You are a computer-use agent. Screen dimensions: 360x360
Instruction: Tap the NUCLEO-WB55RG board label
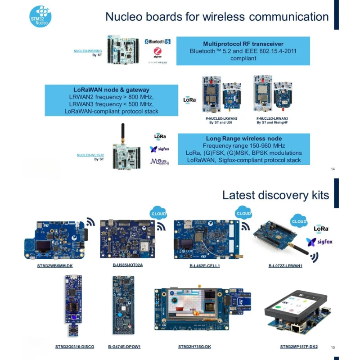pyautogui.click(x=88, y=51)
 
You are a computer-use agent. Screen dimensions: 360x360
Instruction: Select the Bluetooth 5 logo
pyautogui.click(x=157, y=41)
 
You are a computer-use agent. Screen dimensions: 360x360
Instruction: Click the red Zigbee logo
pyautogui.click(x=157, y=53)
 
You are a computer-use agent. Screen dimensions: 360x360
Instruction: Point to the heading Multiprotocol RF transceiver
pyautogui.click(x=243, y=44)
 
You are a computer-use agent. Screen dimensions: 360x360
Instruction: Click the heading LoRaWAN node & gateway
pyautogui.click(x=112, y=90)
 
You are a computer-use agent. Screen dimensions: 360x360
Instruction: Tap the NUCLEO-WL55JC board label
pyautogui.click(x=90, y=155)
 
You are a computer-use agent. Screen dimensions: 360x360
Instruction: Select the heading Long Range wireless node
pyautogui.click(x=244, y=139)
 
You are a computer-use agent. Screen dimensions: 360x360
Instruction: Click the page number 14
pyautogui.click(x=333, y=169)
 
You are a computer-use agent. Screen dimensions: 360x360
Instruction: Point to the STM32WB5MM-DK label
pyautogui.click(x=55, y=266)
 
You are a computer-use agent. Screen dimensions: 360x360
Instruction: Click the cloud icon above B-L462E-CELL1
pyautogui.click(x=243, y=213)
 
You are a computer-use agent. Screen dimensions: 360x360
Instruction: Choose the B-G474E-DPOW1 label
pyautogui.click(x=125, y=347)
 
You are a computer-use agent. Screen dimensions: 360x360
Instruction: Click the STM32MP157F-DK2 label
pyautogui.click(x=299, y=347)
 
